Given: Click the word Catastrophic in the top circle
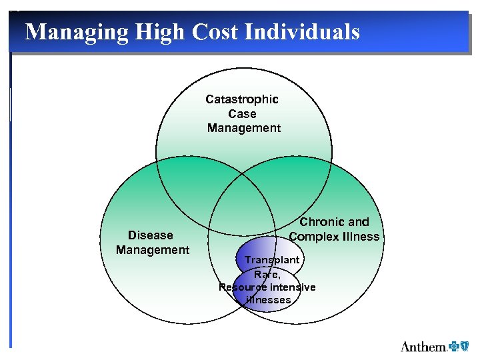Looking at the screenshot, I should click(242, 99).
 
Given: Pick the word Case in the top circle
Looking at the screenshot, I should click(242, 114).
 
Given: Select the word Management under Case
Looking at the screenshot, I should click(244, 128).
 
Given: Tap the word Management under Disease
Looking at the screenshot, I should click(153, 250).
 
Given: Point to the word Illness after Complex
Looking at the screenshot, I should click(363, 237).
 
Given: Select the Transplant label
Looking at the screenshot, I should click(271, 259).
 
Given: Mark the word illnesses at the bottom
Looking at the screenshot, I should click(268, 300).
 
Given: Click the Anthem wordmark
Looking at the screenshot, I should click(423, 346).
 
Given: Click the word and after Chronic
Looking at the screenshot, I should click(358, 222).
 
